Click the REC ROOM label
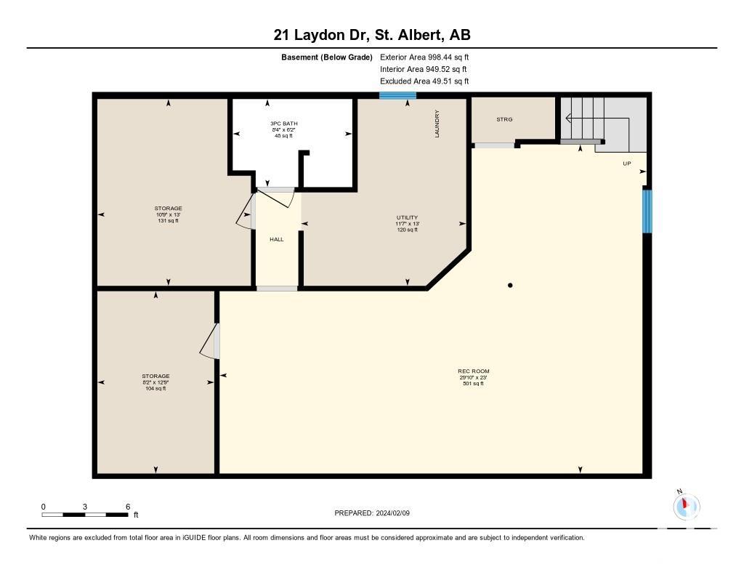tap(473, 371)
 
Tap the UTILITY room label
tap(407, 217)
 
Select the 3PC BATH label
tap(284, 124)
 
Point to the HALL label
tap(277, 239)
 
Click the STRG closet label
tap(504, 119)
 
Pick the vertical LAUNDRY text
tap(437, 124)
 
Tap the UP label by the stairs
tap(627, 164)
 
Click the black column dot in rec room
tap(510, 286)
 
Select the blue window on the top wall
tap(397, 95)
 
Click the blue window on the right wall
tap(647, 212)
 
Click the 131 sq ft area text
tap(168, 221)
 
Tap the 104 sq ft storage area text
tap(155, 388)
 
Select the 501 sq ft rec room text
tap(473, 384)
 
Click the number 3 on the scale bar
tap(85, 507)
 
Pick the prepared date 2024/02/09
tap(393, 513)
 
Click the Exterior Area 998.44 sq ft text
tap(424, 57)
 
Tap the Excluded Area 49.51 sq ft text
tap(424, 81)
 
